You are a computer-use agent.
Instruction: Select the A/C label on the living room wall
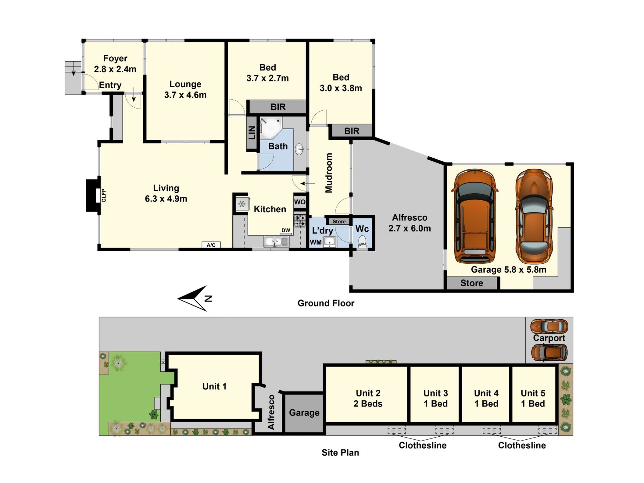coord(211,245)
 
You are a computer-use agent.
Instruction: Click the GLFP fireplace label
coord(104,196)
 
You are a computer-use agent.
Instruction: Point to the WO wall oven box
coord(300,202)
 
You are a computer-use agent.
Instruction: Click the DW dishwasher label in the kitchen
coord(286,230)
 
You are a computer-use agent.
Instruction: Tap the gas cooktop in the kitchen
coord(300,221)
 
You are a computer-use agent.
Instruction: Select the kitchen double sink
coord(276,241)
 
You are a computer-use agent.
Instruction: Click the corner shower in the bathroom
coord(271,128)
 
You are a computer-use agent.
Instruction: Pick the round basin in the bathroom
coord(299,149)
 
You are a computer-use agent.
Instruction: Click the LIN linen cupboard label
coord(252,133)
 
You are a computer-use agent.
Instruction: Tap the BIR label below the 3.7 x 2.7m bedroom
coord(278,107)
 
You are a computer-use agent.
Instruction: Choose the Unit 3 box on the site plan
coord(435,394)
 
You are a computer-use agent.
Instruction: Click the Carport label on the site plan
coord(549,338)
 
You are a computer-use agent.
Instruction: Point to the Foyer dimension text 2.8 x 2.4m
coord(115,69)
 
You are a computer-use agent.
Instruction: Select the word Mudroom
coord(329,173)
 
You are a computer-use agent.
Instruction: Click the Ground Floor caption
coord(326,303)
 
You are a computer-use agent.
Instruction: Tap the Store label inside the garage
coord(472,283)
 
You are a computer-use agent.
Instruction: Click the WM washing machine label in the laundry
coord(316,242)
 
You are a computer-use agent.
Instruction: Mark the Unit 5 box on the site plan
coord(533,394)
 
